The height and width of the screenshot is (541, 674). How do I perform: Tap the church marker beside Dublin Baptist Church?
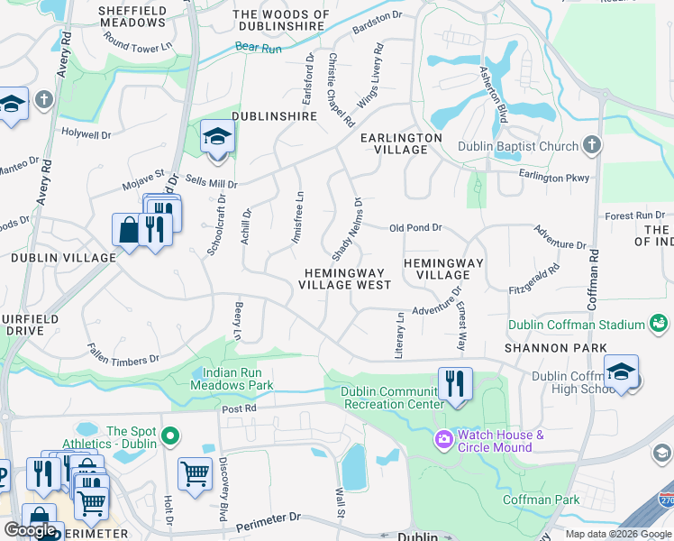[591, 145]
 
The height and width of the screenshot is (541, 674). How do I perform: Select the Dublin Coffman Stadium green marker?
[660, 324]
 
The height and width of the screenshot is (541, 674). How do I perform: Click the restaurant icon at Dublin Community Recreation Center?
[455, 385]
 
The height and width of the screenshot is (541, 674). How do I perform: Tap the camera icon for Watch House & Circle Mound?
[443, 439]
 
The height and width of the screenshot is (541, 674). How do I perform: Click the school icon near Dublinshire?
[217, 138]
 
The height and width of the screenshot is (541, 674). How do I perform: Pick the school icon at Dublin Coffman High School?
[621, 372]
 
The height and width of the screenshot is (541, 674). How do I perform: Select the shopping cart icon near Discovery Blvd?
[195, 472]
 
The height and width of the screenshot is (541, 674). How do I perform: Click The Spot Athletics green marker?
[169, 437]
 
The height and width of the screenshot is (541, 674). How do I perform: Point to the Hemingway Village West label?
[346, 279]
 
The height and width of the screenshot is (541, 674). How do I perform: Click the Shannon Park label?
[549, 347]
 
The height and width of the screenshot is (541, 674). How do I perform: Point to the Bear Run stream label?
[255, 46]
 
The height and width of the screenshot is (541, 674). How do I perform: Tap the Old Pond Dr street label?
[415, 228]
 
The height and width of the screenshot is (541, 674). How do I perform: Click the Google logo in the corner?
[30, 529]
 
